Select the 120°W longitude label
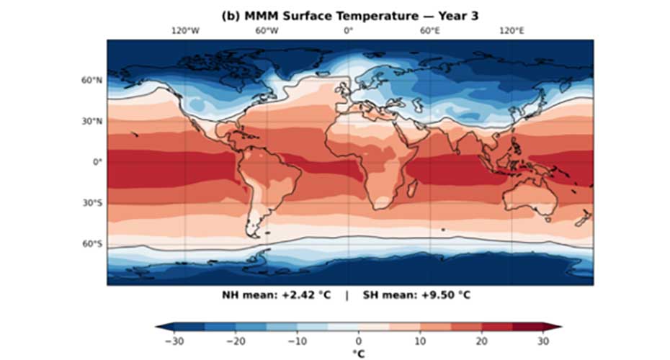(185, 31)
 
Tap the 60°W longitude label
(267, 31)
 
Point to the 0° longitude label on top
(349, 31)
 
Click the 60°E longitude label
(430, 31)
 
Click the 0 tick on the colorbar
(358, 341)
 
